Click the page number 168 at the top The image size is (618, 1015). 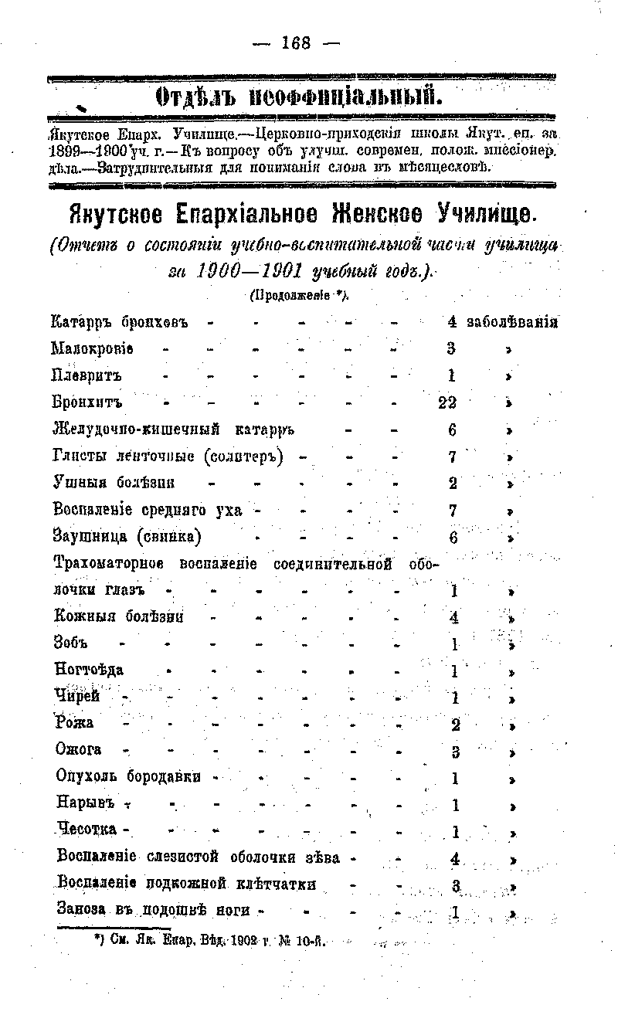tap(296, 43)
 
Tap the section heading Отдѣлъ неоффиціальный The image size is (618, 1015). tap(299, 97)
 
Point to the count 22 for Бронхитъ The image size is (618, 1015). tap(447, 402)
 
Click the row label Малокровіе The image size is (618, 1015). tap(92, 348)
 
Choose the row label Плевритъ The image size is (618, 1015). tap(87, 375)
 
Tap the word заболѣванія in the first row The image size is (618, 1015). tap(512, 321)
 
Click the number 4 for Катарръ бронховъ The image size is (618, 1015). tap(452, 321)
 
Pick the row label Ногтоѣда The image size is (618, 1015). tap(90, 669)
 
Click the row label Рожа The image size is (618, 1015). tap(74, 723)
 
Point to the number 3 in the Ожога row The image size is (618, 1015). tap(456, 751)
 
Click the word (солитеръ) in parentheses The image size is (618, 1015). tap(245, 456)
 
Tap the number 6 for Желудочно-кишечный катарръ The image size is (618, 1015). tap(453, 429)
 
